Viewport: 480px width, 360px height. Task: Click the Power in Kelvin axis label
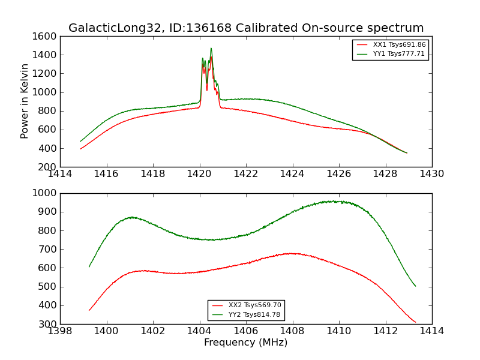(x=25, y=101)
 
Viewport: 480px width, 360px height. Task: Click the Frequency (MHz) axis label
(x=245, y=343)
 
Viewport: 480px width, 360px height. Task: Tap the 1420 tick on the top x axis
(x=200, y=174)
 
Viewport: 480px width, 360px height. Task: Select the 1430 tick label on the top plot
(x=431, y=174)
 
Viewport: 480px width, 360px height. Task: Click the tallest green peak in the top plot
(x=211, y=48)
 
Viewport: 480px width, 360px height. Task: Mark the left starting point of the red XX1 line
(x=80, y=149)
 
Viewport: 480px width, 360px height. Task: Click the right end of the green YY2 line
(x=415, y=286)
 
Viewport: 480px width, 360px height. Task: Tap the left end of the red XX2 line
(x=89, y=310)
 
